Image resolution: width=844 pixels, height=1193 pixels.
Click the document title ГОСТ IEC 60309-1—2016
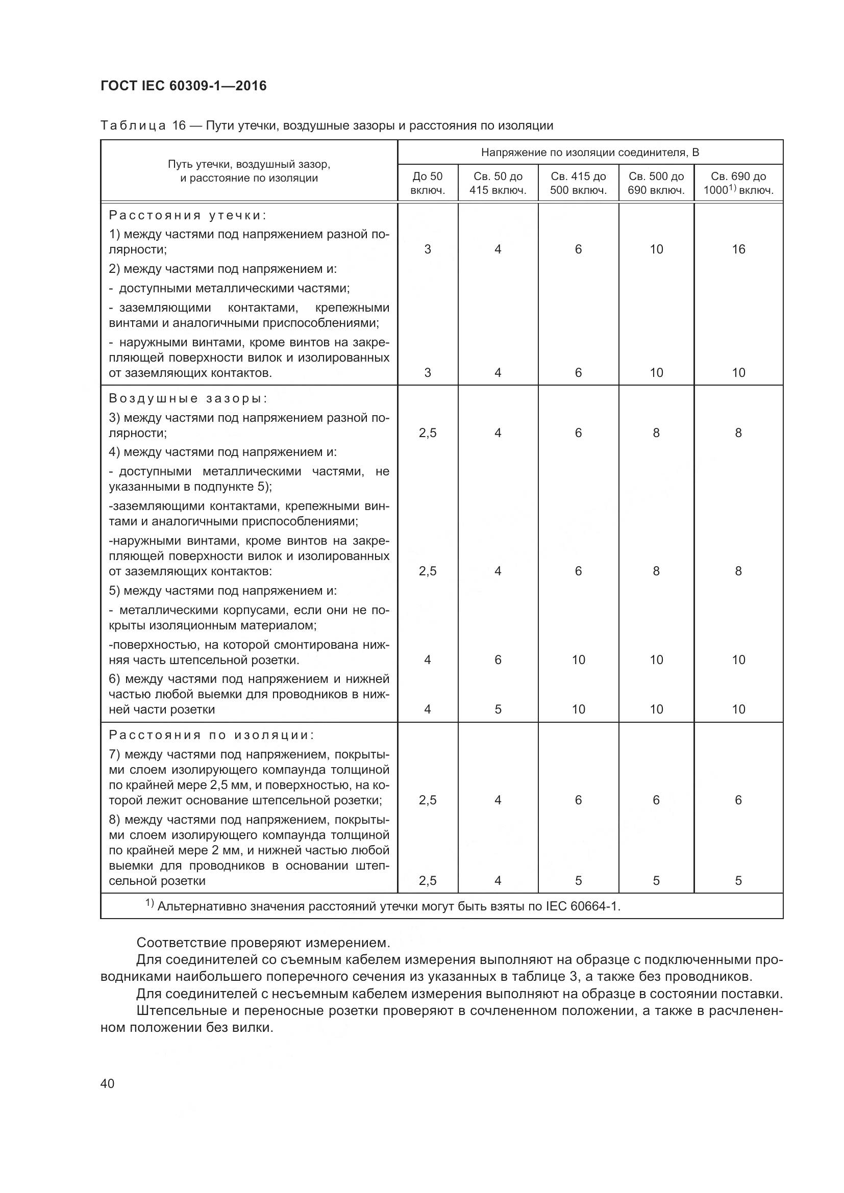click(183, 86)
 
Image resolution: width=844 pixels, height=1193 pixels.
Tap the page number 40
click(108, 1083)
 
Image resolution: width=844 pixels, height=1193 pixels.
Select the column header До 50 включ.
click(427, 183)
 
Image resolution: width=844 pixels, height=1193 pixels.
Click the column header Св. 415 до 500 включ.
click(578, 183)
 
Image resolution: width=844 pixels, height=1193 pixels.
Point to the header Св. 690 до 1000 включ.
click(738, 183)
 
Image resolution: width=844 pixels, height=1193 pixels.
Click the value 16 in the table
click(738, 249)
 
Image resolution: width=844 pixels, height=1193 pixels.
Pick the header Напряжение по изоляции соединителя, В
click(590, 152)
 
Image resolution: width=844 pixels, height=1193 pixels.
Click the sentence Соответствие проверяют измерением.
click(263, 943)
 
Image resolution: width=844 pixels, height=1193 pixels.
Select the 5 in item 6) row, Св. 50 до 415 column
click(498, 709)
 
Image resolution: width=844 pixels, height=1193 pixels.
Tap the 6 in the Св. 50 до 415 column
click(498, 660)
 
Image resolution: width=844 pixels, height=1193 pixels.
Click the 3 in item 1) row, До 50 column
click(427, 249)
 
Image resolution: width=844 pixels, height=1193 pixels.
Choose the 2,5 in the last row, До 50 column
click(427, 881)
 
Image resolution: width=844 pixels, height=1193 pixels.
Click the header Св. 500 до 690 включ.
click(656, 183)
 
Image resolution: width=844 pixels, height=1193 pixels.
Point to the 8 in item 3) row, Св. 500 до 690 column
click(656, 433)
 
